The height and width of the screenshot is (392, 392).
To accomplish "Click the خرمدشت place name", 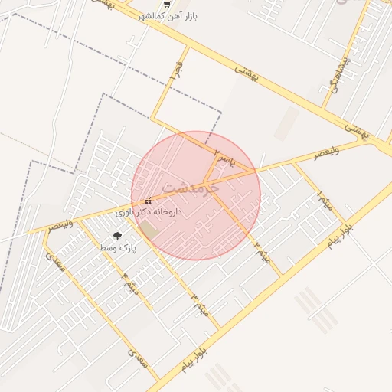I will tap(191, 187).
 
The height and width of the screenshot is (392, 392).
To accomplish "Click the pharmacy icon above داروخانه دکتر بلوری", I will tap(148, 201).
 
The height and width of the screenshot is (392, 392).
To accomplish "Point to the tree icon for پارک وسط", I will tap(117, 237).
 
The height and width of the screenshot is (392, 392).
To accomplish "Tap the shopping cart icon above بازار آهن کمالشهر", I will tap(156, 4).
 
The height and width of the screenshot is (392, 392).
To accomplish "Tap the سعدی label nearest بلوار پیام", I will tap(138, 358).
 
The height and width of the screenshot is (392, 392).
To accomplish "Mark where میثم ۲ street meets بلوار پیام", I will tap(282, 274).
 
